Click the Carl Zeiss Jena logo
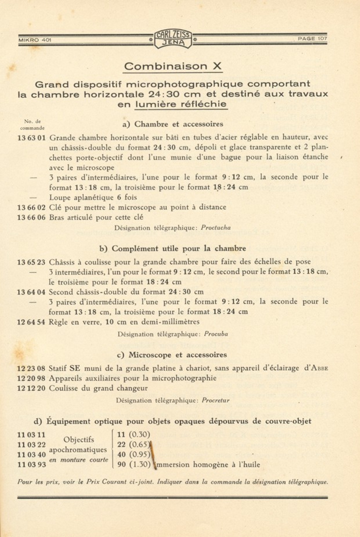pos(173,39)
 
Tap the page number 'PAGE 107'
pos(312,39)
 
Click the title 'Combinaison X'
pos(173,67)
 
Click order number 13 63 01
pos(31,138)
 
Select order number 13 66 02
pos(31,207)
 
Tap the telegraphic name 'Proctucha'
pos(216,228)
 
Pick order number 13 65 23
pos(31,262)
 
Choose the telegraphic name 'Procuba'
pos(216,334)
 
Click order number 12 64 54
pos(31,322)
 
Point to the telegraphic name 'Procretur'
pos(215,400)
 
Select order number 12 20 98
pos(31,378)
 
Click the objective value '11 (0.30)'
pos(134,435)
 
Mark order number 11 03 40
pos(31,455)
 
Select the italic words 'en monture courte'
pos(79,460)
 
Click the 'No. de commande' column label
pos(32,125)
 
